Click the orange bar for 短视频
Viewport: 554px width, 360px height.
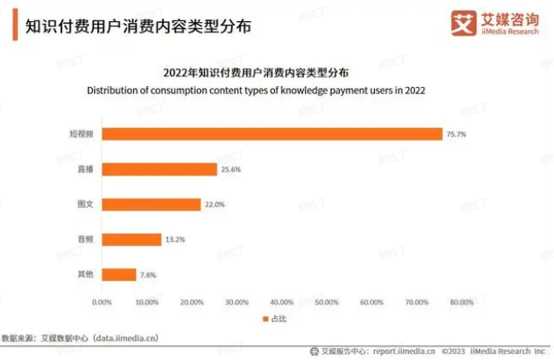[272, 134]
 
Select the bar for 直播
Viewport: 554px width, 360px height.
[160, 169]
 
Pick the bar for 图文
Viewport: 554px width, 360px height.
[151, 204]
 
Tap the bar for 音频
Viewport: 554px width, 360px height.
[131, 240]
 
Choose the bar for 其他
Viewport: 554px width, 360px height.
[119, 275]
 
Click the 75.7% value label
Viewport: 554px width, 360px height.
[456, 134]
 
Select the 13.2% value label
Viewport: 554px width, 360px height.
[173, 240]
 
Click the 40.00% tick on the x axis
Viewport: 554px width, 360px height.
[282, 302]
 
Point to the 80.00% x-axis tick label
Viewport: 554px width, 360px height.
[462, 302]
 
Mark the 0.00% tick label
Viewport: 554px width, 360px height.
[102, 302]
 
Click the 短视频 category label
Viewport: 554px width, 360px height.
[81, 134]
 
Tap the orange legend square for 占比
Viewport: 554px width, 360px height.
[264, 319]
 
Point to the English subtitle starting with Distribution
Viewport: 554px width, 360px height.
[256, 90]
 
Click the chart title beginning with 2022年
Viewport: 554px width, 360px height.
[256, 72]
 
